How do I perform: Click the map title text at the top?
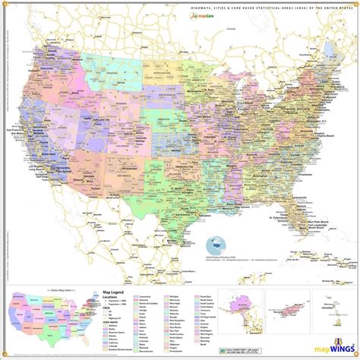[266, 6]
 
